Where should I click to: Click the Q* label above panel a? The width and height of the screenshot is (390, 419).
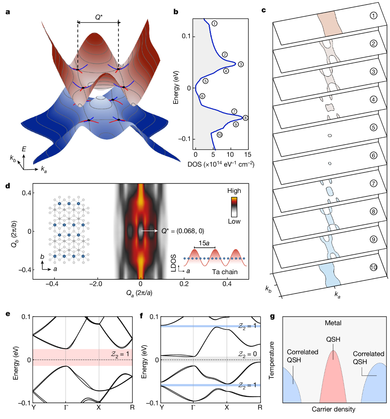click(99, 17)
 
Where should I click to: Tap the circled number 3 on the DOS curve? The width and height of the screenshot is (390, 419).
click(240, 64)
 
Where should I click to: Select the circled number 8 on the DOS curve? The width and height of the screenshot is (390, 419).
click(245, 118)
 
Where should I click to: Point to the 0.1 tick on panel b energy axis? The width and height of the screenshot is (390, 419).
click(186, 36)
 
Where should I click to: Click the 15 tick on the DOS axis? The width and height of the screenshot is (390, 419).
click(247, 155)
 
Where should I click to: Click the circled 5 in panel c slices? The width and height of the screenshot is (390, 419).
click(373, 127)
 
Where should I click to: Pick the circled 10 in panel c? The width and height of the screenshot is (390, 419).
click(373, 267)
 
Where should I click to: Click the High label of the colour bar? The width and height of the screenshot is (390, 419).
click(234, 191)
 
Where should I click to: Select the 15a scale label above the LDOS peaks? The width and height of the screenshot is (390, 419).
click(204, 243)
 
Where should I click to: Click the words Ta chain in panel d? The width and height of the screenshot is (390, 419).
click(225, 272)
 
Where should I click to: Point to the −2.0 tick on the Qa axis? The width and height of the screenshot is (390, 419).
click(96, 284)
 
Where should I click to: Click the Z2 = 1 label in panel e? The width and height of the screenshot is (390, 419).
click(120, 354)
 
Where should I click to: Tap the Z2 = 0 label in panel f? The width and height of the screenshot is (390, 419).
click(248, 354)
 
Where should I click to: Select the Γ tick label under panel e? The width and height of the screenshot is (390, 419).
click(66, 407)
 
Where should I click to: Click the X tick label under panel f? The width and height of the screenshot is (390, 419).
click(227, 407)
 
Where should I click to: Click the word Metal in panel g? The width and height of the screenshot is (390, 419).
click(333, 323)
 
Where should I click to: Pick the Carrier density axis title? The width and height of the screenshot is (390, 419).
click(333, 409)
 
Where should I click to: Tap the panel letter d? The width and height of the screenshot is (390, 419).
click(8, 186)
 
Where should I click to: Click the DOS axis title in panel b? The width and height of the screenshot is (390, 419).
click(221, 164)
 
